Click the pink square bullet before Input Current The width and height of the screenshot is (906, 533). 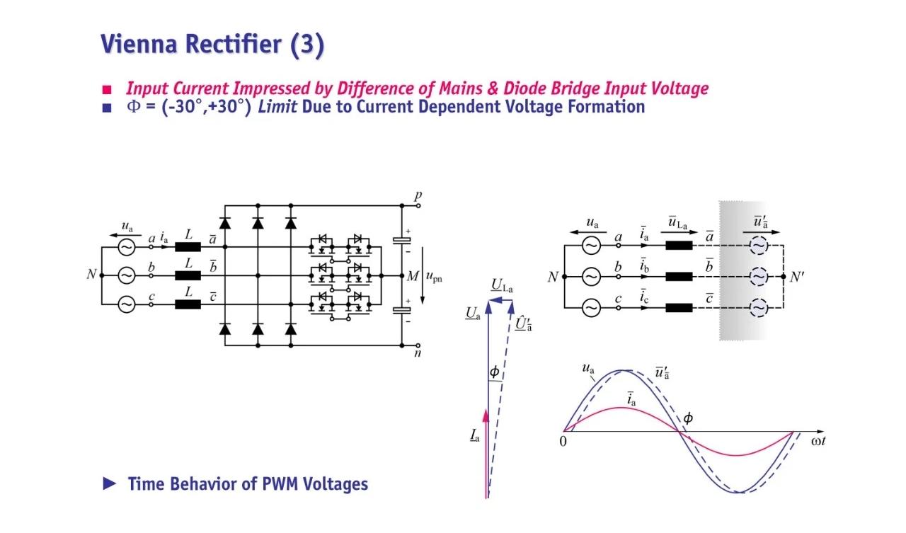coord(107,90)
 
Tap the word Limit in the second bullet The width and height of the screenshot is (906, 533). coord(277,108)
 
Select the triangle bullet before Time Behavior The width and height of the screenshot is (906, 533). coord(109,483)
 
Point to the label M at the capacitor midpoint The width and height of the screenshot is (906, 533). coord(413,275)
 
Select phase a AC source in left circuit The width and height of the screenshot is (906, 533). coord(126,247)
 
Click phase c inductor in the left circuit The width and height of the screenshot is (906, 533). coord(188,304)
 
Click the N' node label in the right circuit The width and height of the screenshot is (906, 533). coord(797,277)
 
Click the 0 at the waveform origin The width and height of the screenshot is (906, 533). coord(563,442)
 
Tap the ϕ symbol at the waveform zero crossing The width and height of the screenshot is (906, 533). coord(687,418)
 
